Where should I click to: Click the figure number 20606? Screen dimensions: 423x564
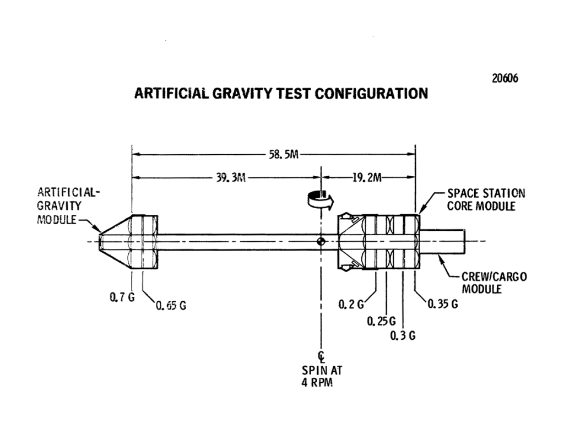(x=505, y=79)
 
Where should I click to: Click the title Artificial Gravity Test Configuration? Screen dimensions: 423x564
(x=281, y=93)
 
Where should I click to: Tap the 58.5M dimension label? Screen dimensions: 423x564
(x=283, y=155)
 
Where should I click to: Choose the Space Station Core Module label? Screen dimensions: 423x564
(x=485, y=200)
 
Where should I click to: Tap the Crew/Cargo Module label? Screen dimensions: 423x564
(x=486, y=283)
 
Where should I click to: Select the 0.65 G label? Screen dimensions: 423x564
(x=171, y=306)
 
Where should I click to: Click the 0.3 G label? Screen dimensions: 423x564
(x=402, y=336)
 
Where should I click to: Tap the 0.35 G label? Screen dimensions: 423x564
(x=443, y=304)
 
